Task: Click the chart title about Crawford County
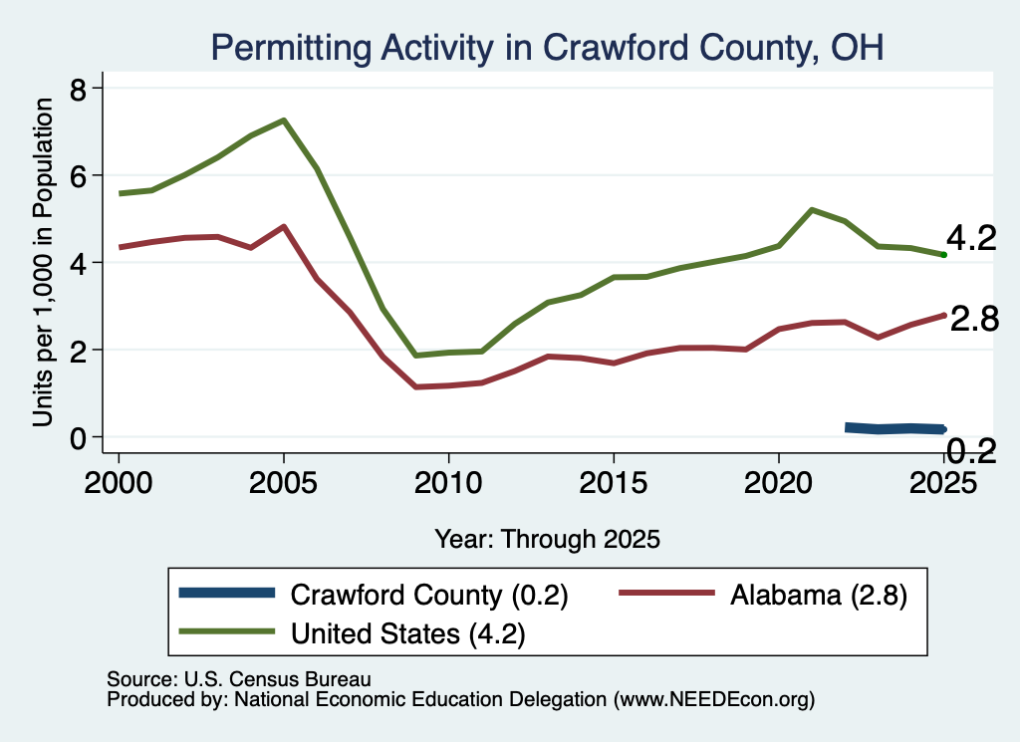coord(547,48)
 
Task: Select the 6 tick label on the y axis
coord(78,175)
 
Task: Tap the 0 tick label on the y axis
coord(78,437)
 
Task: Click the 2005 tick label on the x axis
coord(283,482)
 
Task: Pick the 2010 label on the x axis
coord(448,482)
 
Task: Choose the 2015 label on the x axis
coord(614,482)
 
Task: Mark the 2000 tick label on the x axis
coord(119,482)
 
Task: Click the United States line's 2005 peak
coord(284,121)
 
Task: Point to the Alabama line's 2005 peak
coord(284,226)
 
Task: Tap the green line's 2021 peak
coord(811,210)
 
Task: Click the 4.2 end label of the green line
coord(971,239)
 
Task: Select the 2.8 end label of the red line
coord(974,320)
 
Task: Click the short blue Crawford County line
coord(895,428)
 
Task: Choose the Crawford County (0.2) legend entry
coord(374,595)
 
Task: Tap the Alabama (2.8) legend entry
coord(762,595)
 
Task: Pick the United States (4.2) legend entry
coord(352,632)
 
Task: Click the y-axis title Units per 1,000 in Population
coord(43,262)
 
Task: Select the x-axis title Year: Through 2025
coord(547,539)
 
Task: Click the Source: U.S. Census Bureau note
coord(239,679)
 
